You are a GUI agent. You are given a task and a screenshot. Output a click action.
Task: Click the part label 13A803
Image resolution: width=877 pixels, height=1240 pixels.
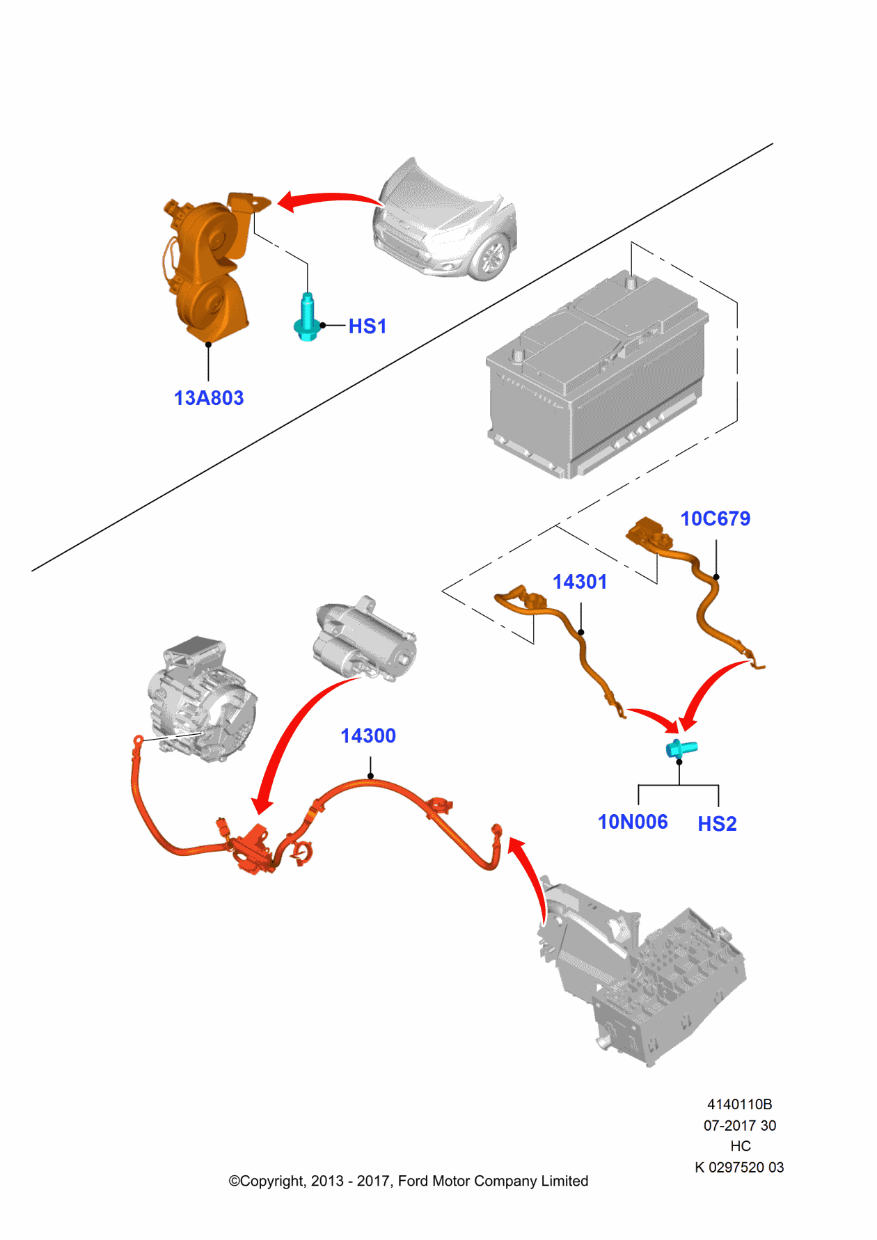pos(209,398)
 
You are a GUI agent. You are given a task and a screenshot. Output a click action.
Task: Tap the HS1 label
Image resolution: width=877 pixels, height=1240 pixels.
pos(367,326)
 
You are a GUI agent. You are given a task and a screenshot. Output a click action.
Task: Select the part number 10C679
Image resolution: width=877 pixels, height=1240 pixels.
pos(715,519)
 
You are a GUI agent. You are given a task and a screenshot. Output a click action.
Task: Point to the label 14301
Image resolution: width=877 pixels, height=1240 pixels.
pos(580,582)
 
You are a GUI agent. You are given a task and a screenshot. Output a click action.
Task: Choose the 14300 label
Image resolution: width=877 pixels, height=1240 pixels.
pos(368,736)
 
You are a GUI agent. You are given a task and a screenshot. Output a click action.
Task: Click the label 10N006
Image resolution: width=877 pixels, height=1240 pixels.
pos(633,822)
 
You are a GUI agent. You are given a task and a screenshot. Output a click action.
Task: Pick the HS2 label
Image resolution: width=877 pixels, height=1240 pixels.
pos(717,825)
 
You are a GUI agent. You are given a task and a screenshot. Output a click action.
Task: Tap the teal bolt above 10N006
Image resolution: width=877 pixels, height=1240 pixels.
pos(681,749)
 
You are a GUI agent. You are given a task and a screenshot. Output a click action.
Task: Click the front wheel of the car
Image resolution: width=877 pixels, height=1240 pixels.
pos(493,257)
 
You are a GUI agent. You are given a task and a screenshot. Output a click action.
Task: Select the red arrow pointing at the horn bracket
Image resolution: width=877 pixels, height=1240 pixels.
pos(327,200)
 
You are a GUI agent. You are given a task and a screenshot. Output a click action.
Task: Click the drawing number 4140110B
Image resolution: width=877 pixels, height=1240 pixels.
pos(739,1104)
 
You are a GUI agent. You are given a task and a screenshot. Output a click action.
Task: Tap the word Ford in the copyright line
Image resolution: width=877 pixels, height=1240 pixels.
pos(413,1181)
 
